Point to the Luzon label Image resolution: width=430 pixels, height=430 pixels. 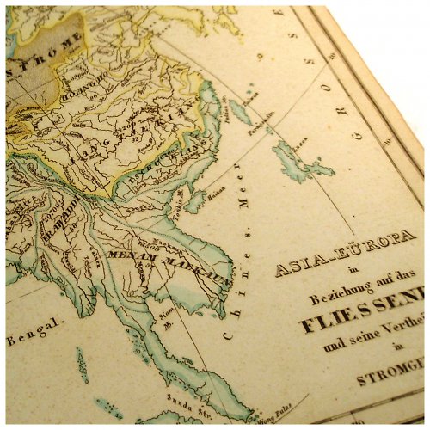point(301,137)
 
